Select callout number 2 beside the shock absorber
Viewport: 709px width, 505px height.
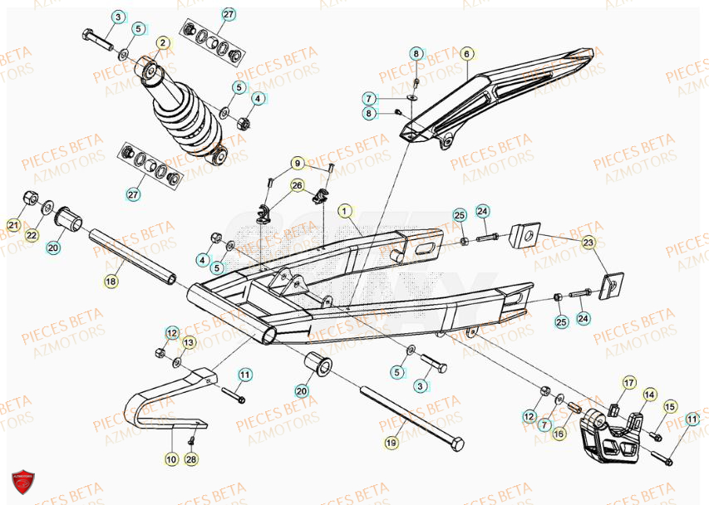(162, 43)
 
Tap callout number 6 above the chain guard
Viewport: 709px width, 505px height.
(466, 54)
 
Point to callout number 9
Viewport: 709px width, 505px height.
(296, 163)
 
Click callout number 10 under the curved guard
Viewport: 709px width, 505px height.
(170, 458)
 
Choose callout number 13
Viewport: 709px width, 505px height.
(189, 342)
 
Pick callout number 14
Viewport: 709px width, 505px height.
(649, 395)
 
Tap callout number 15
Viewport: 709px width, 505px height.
(670, 406)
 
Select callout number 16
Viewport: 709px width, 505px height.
(559, 434)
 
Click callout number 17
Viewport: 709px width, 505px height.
(628, 383)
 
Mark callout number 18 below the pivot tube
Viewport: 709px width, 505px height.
(111, 282)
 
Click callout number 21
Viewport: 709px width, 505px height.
(13, 224)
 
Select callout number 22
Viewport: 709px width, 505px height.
(32, 235)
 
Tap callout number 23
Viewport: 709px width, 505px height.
(588, 243)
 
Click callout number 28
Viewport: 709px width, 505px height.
(192, 458)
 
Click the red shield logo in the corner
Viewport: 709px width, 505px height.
(22, 483)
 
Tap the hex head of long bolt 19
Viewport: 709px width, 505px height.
(455, 446)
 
